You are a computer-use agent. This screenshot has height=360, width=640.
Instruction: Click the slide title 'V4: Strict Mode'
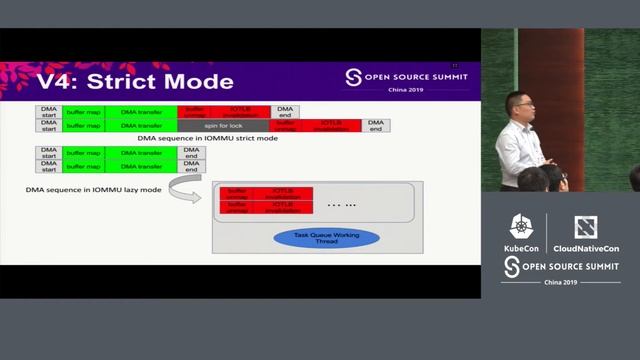pos(135,81)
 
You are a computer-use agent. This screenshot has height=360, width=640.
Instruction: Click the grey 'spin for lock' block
pos(223,125)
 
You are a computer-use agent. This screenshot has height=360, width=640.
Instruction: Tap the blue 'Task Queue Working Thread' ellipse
pos(314,238)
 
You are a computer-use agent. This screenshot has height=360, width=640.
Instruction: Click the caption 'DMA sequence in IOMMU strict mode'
pos(207,138)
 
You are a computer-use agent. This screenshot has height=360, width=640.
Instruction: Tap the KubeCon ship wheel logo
pos(521,227)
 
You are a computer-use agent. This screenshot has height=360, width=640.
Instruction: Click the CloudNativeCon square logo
pos(585,227)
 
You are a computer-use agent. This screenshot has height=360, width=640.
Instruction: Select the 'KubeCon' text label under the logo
pos(521,246)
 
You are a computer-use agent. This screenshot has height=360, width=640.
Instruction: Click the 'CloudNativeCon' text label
pos(586,246)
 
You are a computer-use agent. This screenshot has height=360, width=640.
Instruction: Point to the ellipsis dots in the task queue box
pos(341,204)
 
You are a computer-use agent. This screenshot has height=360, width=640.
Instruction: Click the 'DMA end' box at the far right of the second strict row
pos(375,125)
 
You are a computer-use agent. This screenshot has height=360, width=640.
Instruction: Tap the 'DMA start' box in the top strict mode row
pos(48,111)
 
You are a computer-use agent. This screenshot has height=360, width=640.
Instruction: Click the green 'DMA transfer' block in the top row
pos(141,111)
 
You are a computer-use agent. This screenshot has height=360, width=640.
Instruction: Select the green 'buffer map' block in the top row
pos(83,111)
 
